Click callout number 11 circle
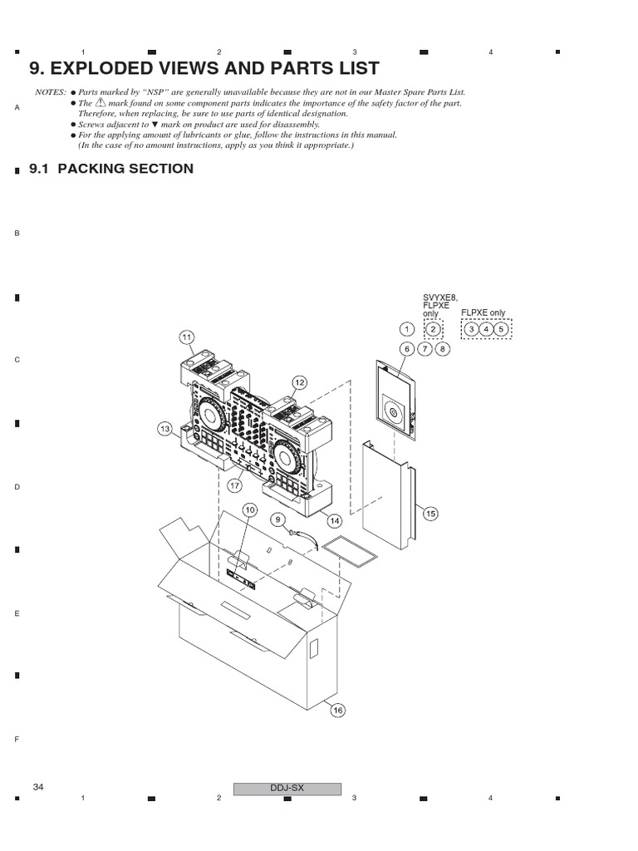coord(187,337)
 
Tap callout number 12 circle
coord(299,381)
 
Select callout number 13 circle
coord(164,429)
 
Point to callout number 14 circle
coord(336,521)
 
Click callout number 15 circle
coord(429,514)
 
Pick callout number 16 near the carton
coord(337,710)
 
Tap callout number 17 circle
coord(235,485)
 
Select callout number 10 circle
coord(249,509)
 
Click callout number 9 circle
coord(277,519)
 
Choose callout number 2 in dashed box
coord(432,329)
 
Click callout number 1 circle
coord(406,329)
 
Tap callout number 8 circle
coord(442,349)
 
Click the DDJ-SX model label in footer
coord(287,788)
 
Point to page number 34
coord(38,787)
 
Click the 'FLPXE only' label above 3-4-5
coord(483,313)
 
